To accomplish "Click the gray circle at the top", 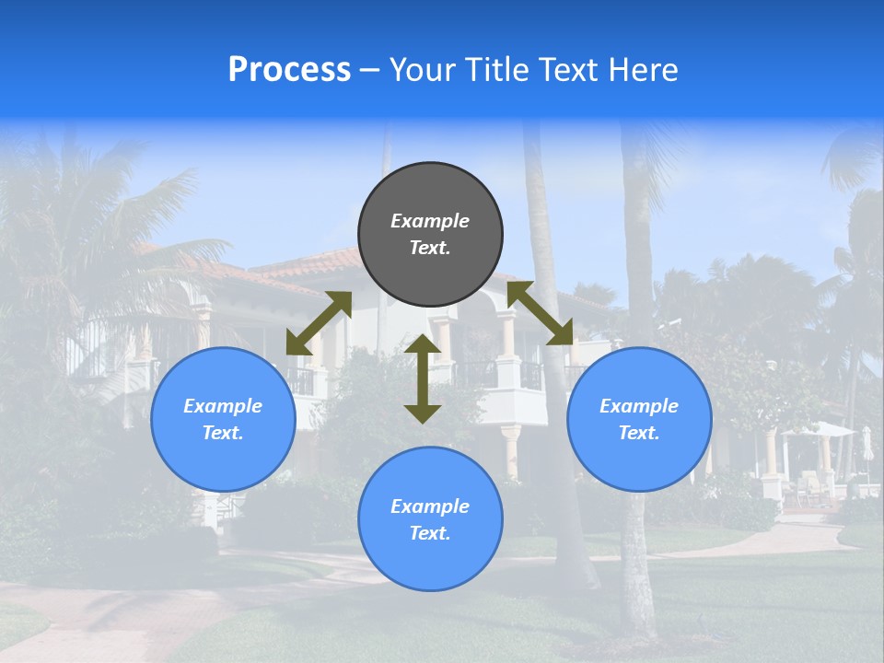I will pos(430,235).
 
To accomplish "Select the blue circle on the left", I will pos(223,419).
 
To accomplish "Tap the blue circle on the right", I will pos(639,419).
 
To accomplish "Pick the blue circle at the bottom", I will pos(430,519).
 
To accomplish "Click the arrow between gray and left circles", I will pos(319,323).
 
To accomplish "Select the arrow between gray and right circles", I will pos(540,313).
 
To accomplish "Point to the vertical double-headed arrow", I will pos(423,378).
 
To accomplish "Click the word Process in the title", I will pos(289,70).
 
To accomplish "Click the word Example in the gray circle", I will pos(430,221).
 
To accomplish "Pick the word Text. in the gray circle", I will pos(430,248).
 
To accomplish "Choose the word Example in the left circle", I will pos(223,406).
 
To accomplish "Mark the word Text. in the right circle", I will pos(639,433).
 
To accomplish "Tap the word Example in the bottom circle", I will pos(430,506).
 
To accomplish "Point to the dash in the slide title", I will pos(369,70).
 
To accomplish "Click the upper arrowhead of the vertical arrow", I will pos(423,344).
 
